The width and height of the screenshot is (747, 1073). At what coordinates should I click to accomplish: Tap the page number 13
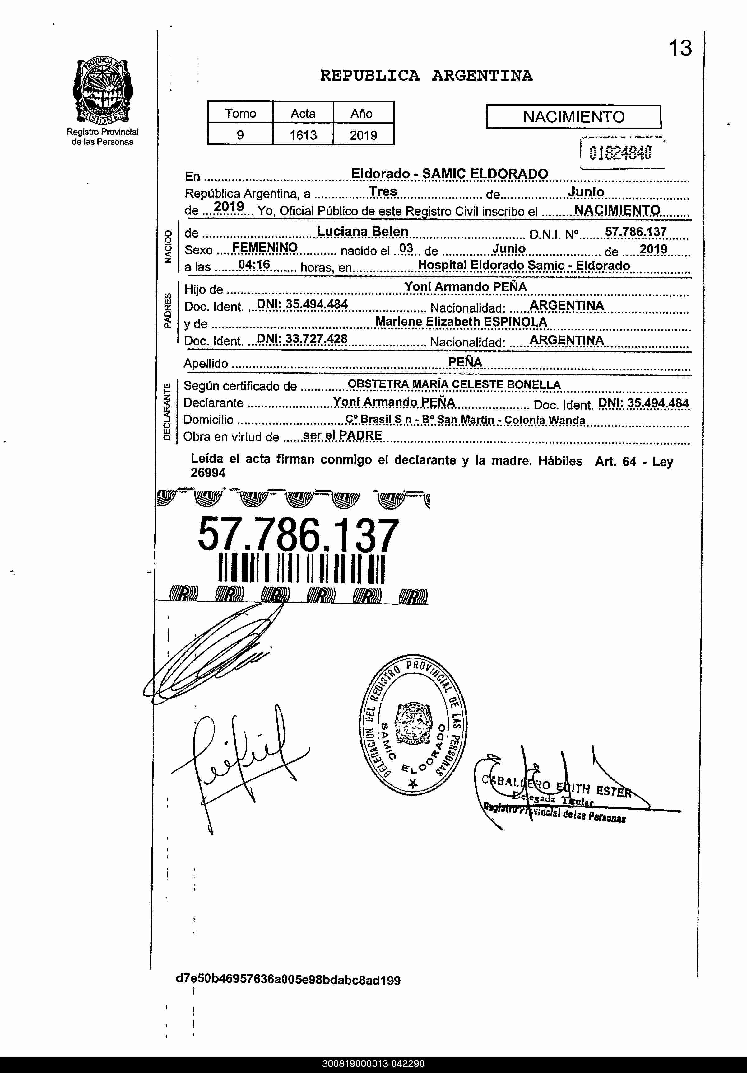click(680, 48)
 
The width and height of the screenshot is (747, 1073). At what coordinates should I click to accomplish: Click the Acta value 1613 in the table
click(303, 135)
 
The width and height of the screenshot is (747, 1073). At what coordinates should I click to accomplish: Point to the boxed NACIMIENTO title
click(573, 116)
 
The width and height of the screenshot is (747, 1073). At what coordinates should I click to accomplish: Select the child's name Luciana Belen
click(362, 231)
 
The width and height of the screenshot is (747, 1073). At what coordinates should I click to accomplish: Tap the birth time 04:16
click(254, 265)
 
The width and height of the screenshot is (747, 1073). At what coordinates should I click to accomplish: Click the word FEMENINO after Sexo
click(265, 247)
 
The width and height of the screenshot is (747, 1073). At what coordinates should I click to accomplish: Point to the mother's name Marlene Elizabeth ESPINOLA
click(461, 322)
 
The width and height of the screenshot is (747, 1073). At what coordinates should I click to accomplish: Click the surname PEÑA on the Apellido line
click(465, 362)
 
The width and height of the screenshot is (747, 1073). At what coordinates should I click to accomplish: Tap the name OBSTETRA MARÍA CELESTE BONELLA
click(454, 385)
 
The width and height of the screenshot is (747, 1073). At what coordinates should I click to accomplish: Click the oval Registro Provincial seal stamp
click(413, 728)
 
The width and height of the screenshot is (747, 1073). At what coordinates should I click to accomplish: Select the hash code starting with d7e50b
click(288, 980)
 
